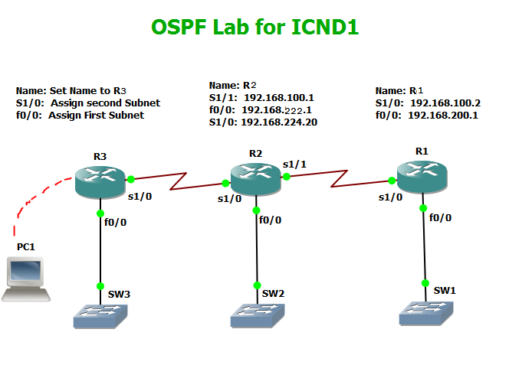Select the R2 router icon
[256, 181]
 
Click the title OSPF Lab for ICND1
[254, 28]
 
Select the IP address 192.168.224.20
[279, 122]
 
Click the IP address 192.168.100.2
[445, 103]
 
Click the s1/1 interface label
[294, 165]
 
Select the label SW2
[274, 293]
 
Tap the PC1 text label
[26, 247]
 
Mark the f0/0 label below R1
[440, 217]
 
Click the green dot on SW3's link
[100, 286]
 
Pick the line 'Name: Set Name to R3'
[71, 90]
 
